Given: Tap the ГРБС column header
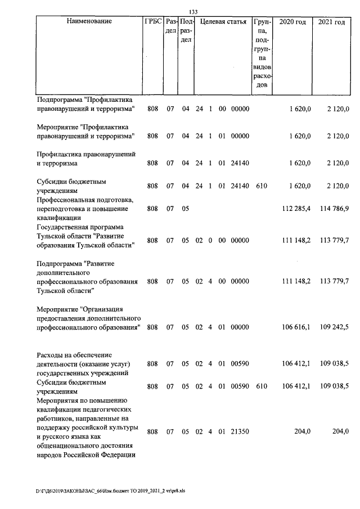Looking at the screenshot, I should (x=152, y=22).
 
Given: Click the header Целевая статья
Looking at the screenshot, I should (x=223, y=22).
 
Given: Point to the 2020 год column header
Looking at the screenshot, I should (x=292, y=22).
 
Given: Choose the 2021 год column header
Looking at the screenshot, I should (x=331, y=22).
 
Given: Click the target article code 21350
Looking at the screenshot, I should (x=240, y=431).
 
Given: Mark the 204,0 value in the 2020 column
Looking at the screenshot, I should (x=301, y=431).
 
